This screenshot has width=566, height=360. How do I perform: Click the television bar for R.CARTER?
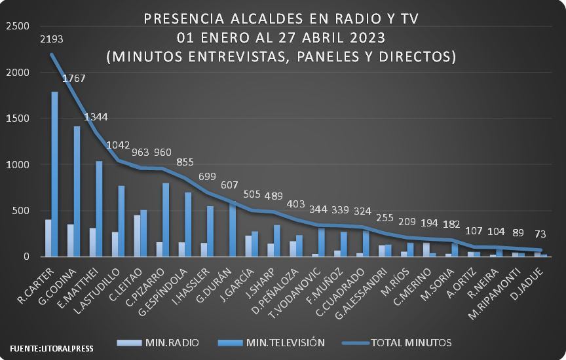click(54, 174)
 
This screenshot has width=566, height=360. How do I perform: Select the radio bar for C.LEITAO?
click(137, 236)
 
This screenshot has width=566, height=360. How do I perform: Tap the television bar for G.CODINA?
click(77, 191)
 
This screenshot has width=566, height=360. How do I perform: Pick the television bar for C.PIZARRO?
click(166, 220)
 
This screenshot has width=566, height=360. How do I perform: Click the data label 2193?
click(52, 39)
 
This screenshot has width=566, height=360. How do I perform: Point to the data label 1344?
click(96, 117)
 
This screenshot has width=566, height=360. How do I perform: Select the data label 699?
click(207, 176)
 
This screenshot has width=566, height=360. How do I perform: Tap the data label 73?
click(540, 234)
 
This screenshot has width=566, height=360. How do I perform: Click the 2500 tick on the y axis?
click(18, 26)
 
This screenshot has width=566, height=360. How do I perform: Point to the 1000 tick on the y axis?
click(18, 164)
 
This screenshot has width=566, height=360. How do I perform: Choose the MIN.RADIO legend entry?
click(158, 342)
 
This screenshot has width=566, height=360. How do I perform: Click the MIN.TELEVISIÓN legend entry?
click(272, 342)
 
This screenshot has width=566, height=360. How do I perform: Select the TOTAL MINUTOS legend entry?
click(398, 342)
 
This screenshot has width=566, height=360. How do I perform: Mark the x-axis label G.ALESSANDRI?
click(361, 293)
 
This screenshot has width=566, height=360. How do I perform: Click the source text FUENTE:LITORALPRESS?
click(52, 349)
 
